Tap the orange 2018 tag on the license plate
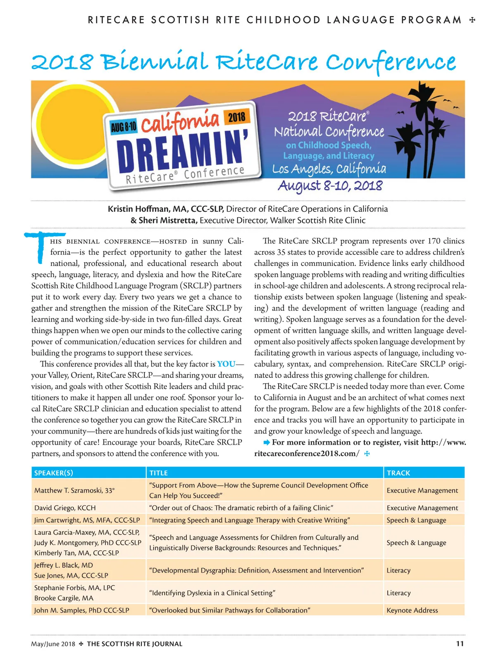point(236,117)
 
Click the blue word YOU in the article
point(226,364)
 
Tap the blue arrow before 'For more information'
point(267,442)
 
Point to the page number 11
point(460,643)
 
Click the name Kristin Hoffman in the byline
point(139,209)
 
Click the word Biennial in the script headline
point(155,62)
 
